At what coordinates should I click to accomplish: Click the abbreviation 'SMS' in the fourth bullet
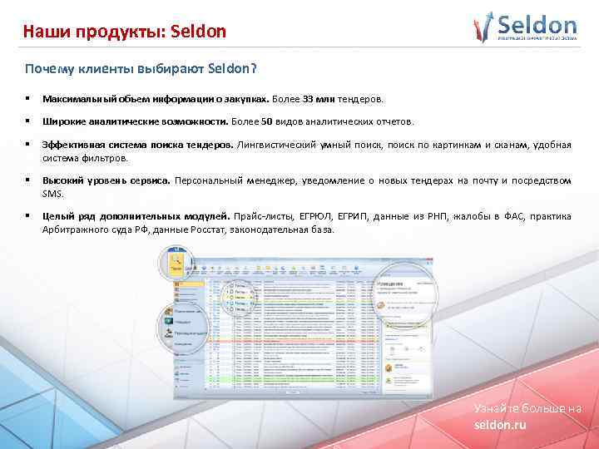pyautogui.click(x=52, y=194)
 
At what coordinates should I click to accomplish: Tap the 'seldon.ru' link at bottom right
pyautogui.click(x=500, y=424)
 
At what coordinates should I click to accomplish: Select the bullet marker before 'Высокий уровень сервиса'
pyautogui.click(x=27, y=180)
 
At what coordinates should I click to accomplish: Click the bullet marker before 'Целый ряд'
pyautogui.click(x=27, y=216)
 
